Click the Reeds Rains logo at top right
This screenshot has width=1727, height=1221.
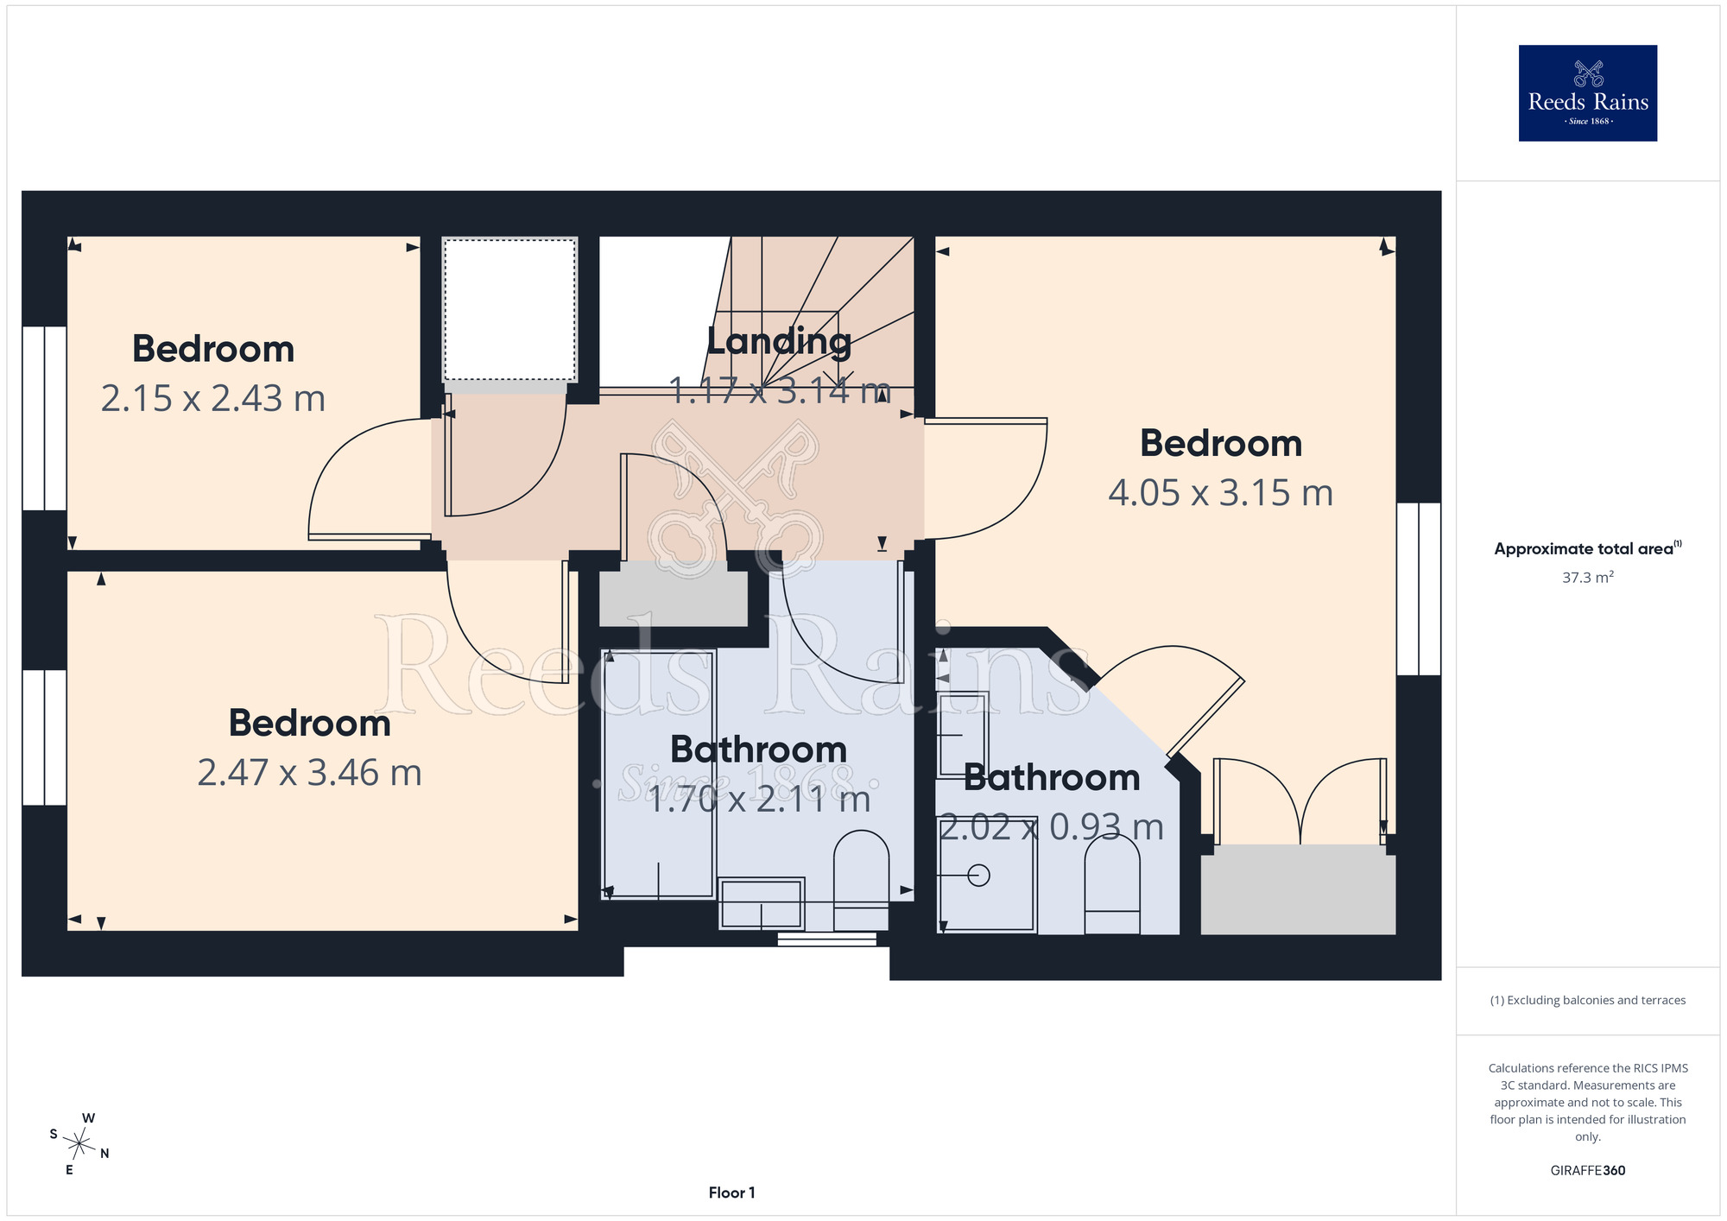coord(1587,93)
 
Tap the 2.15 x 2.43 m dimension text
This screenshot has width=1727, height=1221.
coord(213,399)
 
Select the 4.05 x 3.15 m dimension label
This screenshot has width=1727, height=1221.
coord(1221,493)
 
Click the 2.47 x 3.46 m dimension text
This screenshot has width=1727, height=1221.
coord(309,773)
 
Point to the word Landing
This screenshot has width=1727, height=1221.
coord(779,342)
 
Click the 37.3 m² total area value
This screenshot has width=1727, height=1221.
coord(1587,577)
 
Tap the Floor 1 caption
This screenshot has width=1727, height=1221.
coord(731,1193)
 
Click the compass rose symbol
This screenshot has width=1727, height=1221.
coord(79,1144)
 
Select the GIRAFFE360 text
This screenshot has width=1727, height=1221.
coord(1587,1171)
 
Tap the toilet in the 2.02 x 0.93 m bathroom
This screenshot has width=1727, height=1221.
coord(1112,884)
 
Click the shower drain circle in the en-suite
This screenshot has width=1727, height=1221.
coord(978,876)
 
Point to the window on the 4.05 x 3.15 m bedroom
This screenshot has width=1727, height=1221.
coord(1419,589)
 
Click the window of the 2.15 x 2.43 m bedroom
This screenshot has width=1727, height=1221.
coord(44,418)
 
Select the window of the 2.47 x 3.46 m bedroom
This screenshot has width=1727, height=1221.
coord(44,737)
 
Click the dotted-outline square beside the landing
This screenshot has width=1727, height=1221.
coord(509,310)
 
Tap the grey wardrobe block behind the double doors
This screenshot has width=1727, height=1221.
coord(1298,889)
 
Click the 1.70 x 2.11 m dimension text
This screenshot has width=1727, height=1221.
coord(759,800)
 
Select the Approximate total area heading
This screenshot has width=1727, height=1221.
coord(1587,548)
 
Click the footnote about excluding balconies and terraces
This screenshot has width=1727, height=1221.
coord(1587,1000)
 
